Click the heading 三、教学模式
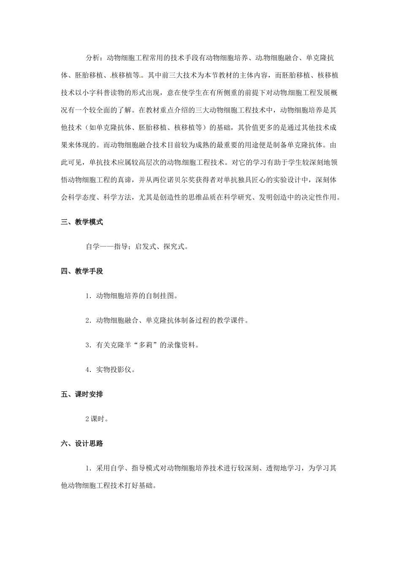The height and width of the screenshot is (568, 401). [x=82, y=222]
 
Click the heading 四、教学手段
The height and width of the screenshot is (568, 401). [x=82, y=271]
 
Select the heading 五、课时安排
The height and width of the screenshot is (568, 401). [x=82, y=394]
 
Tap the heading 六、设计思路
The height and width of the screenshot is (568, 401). [x=82, y=444]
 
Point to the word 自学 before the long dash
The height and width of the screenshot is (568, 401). [x=93, y=247]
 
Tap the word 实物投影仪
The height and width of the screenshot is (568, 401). [x=114, y=370]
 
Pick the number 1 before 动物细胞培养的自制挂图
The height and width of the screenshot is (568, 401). [x=87, y=296]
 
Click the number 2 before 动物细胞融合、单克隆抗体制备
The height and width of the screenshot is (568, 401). [x=87, y=321]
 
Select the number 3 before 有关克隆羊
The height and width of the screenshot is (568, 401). [x=87, y=345]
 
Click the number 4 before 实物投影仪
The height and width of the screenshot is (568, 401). [x=87, y=370]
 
